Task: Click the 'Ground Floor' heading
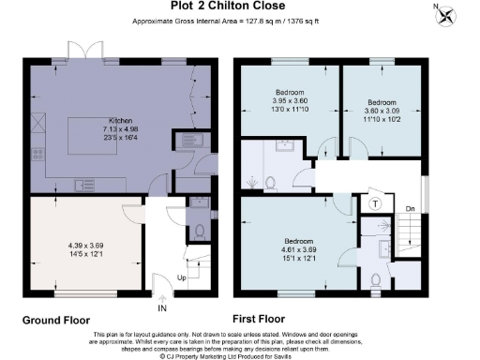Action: click(x=58, y=320)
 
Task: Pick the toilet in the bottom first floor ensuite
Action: click(x=376, y=278)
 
